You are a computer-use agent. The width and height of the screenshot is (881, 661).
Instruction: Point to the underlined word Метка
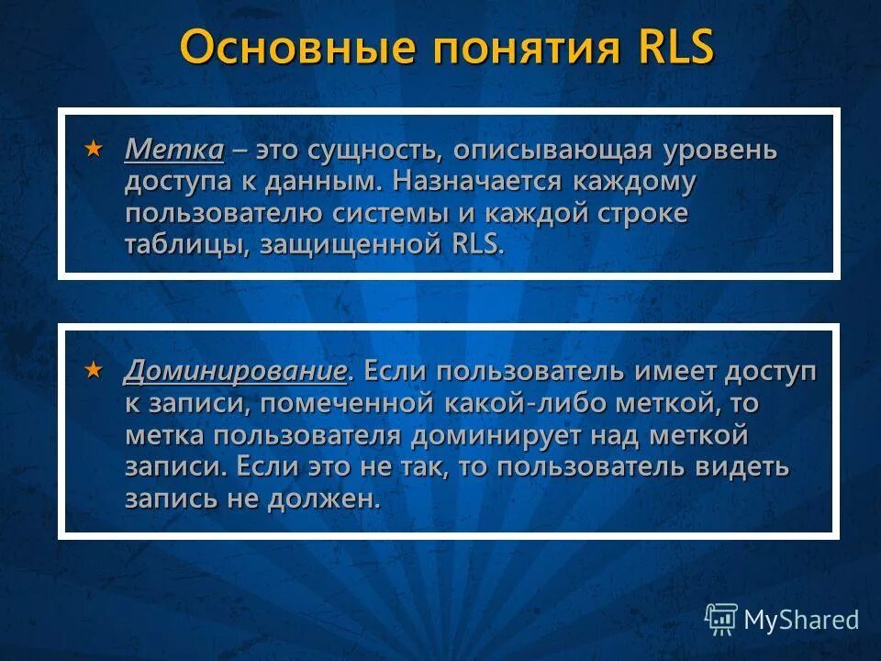pos(173,150)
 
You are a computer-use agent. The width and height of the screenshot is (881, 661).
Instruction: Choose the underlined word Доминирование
pos(236,372)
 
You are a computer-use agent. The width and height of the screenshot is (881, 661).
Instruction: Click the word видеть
pos(741,465)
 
